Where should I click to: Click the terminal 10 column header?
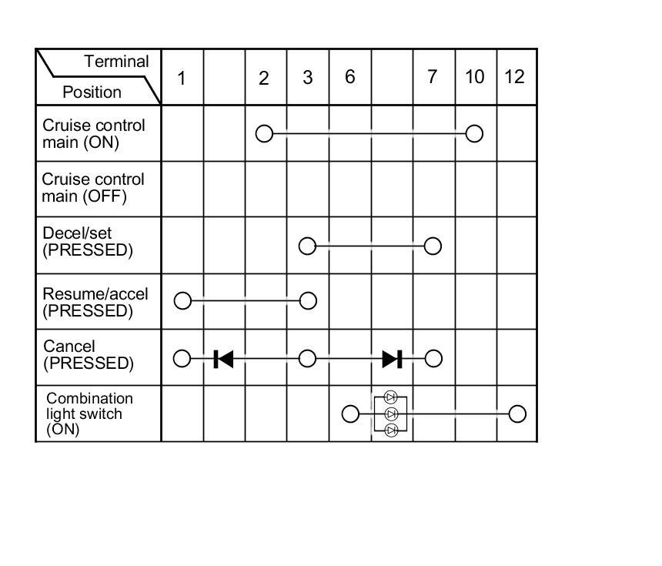tap(475, 76)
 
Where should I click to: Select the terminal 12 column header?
tap(514, 76)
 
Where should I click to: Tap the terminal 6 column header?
tap(349, 76)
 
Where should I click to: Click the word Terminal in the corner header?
tap(116, 62)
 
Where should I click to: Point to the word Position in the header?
tap(92, 92)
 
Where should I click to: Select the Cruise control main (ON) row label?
tap(93, 133)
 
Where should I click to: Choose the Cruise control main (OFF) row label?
tap(93, 188)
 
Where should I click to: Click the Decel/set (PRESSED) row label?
tap(88, 242)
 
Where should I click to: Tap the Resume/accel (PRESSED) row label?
tap(95, 302)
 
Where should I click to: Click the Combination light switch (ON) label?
tap(89, 414)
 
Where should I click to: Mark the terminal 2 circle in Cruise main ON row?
tap(264, 133)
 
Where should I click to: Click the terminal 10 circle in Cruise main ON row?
tap(475, 133)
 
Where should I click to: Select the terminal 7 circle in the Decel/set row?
tap(433, 246)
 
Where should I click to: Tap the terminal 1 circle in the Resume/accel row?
tap(182, 300)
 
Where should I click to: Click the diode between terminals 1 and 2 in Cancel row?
tap(223, 358)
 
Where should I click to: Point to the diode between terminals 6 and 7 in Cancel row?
tap(392, 358)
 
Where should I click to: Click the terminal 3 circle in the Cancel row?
tap(307, 358)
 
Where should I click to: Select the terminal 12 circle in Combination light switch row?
tap(517, 414)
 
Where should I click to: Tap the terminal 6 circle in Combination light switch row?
tap(350, 414)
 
